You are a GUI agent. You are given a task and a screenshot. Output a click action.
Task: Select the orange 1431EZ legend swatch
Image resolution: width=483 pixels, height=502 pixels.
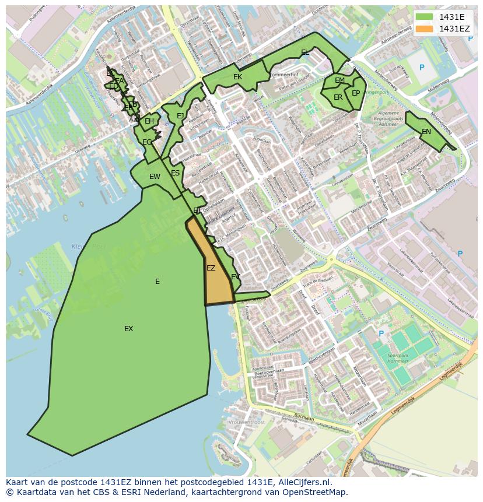425,29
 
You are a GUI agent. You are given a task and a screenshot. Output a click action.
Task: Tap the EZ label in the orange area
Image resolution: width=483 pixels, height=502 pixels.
211,268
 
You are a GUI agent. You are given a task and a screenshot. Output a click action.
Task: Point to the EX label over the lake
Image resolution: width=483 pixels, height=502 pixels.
128,329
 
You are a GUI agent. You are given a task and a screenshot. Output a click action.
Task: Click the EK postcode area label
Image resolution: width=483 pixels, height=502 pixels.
237,77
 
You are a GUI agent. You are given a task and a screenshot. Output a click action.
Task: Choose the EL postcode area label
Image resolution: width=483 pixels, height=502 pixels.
304,52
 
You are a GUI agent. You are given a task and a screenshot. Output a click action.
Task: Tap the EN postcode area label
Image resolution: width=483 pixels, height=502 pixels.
426,132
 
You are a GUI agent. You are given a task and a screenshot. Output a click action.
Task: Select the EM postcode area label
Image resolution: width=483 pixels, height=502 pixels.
339,80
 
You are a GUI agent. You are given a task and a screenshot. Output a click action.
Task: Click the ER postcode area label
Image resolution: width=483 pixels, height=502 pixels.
338,97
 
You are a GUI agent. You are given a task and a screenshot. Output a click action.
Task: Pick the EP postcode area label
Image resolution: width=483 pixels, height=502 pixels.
355,93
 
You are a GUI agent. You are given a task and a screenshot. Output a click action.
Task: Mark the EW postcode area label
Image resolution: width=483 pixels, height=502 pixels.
155,177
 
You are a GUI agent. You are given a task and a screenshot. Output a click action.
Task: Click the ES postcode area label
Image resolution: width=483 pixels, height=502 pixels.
175,173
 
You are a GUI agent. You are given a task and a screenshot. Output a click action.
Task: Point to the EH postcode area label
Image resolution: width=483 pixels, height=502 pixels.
149,121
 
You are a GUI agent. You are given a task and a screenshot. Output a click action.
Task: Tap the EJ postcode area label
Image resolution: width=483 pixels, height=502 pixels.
180,116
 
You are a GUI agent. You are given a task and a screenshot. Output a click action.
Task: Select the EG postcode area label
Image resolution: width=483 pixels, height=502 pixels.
147,142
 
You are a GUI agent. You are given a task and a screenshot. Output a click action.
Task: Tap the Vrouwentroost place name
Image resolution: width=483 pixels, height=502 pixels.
247,422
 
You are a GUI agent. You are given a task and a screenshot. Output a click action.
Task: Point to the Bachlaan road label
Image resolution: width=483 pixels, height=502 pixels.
304,417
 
